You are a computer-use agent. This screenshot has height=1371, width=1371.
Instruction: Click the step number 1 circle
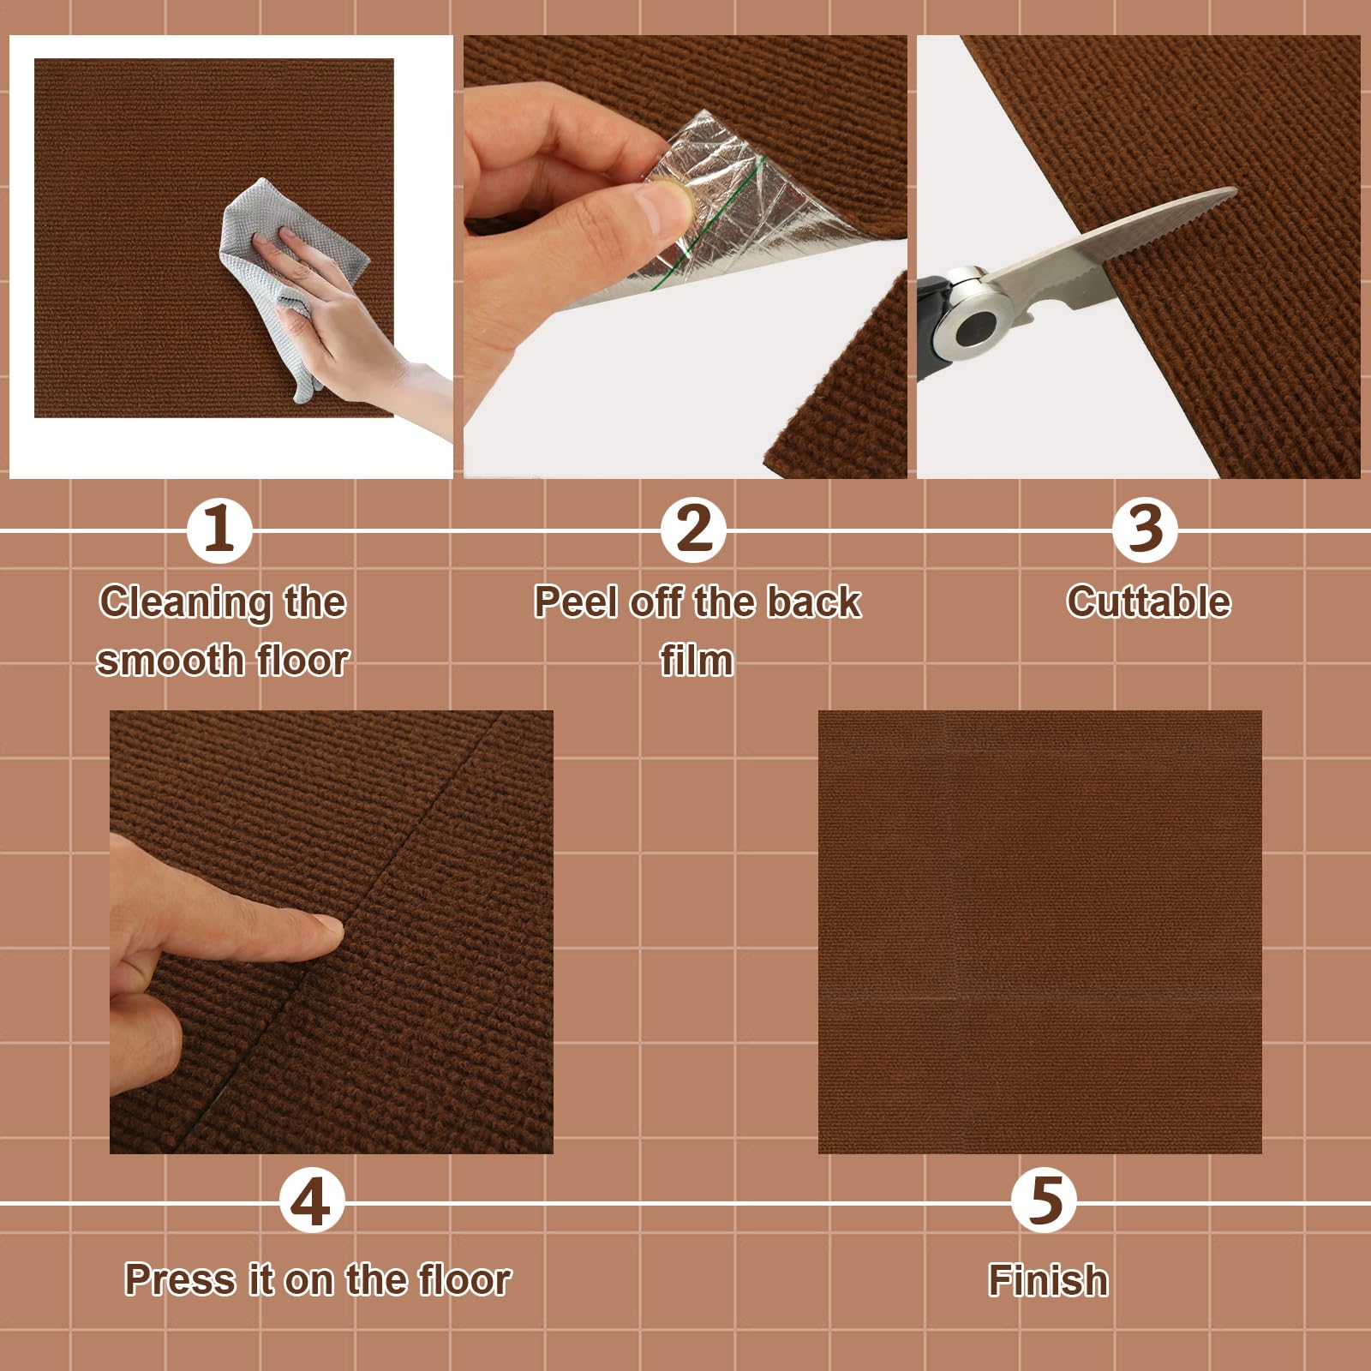[x=219, y=530]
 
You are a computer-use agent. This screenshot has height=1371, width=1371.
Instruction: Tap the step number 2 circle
[x=693, y=530]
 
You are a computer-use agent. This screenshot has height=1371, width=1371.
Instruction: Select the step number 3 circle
[x=1145, y=530]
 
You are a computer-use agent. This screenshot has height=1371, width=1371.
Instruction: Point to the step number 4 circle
[x=312, y=1201]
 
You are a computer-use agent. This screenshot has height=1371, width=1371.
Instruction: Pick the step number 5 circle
[x=1044, y=1201]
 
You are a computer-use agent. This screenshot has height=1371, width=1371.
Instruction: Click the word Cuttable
[x=1148, y=602]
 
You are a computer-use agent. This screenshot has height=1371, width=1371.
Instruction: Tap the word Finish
[x=1048, y=1280]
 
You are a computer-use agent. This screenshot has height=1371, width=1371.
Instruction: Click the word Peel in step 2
[x=576, y=602]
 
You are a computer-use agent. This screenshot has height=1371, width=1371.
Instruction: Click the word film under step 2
[x=697, y=661]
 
